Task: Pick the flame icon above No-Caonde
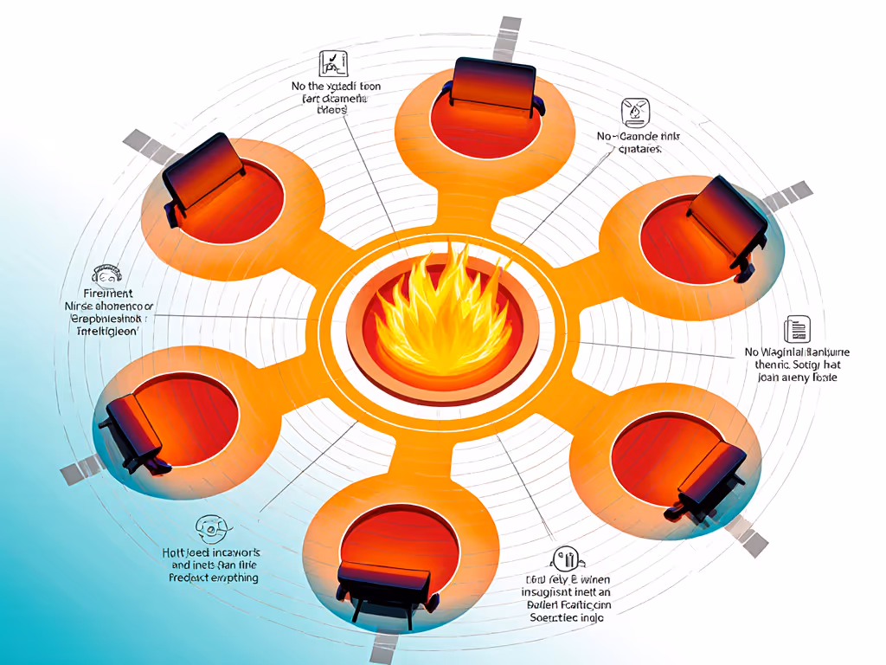pyautogui.click(x=634, y=113)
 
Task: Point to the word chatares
pyautogui.click(x=641, y=149)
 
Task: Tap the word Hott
pyautogui.click(x=177, y=552)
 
